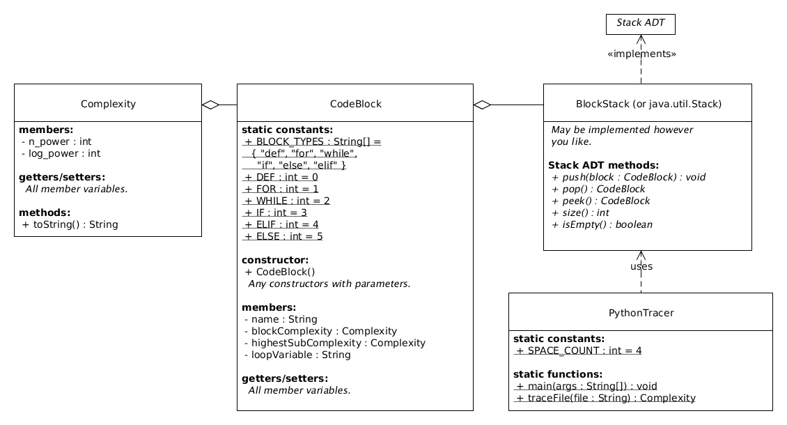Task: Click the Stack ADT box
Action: tap(640, 23)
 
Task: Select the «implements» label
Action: tap(641, 54)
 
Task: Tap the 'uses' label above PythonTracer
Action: tap(641, 266)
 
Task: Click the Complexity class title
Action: tap(108, 104)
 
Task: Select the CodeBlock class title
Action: tap(355, 104)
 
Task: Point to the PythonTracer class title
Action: tap(640, 313)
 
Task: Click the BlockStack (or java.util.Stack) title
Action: tap(648, 104)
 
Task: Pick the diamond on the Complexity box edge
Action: tap(210, 105)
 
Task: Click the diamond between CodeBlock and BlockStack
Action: tap(482, 105)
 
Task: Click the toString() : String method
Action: tap(70, 224)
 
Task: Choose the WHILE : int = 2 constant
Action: tap(286, 201)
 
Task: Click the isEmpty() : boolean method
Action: tap(602, 224)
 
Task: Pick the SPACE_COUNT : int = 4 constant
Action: tap(577, 350)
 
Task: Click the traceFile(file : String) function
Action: tap(605, 398)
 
